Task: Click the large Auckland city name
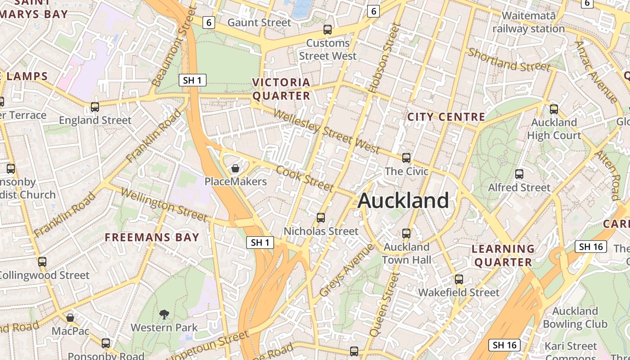tap(403, 201)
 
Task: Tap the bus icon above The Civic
tap(406, 158)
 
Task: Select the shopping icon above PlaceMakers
tap(235, 169)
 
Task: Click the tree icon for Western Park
tap(164, 315)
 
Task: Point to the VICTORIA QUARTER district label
tap(281, 89)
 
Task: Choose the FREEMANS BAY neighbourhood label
tap(152, 237)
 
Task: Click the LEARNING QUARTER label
tap(503, 255)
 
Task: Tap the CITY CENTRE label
tap(446, 117)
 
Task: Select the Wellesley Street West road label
tap(326, 131)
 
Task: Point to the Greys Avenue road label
tap(346, 270)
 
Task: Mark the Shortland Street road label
tap(509, 60)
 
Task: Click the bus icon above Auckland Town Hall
tap(406, 234)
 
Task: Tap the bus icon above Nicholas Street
tap(321, 218)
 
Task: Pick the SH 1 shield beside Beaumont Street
tap(193, 81)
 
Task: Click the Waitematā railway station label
tap(528, 22)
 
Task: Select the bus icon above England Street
tap(95, 107)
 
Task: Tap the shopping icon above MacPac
tap(70, 318)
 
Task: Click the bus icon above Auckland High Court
tap(554, 109)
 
